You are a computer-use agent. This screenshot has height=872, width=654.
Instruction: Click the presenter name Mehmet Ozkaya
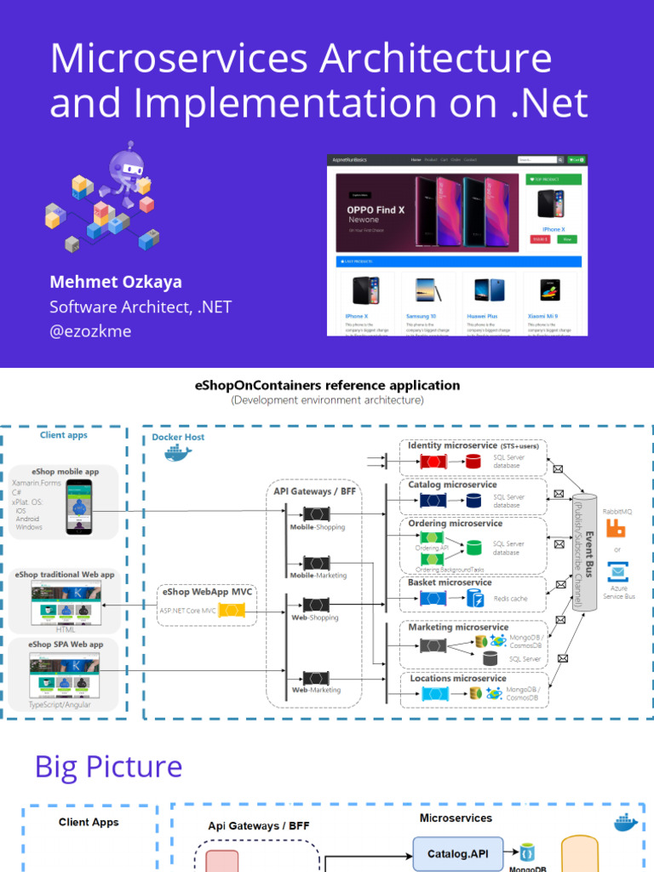click(116, 282)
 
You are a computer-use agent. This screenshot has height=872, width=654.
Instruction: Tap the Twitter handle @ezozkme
click(90, 331)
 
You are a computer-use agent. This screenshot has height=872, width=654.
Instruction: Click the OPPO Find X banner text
click(375, 209)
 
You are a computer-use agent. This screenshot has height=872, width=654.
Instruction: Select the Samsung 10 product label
click(420, 315)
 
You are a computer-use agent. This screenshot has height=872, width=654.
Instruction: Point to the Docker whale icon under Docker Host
click(178, 454)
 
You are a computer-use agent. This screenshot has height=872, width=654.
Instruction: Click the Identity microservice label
click(452, 445)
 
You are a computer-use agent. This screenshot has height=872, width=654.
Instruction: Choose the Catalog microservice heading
click(452, 485)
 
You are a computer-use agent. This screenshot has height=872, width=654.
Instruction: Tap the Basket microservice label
click(450, 582)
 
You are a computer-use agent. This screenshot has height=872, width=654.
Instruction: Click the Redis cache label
click(510, 599)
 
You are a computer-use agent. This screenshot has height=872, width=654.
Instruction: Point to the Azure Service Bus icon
click(617, 572)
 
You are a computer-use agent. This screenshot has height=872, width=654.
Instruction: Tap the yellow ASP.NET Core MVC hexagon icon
click(231, 610)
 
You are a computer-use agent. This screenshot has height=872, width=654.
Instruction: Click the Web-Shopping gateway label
click(315, 617)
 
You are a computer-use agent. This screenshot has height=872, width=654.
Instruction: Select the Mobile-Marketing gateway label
click(318, 575)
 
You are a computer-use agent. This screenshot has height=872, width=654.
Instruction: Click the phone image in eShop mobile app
click(79, 506)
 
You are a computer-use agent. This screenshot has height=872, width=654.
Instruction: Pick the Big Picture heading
click(108, 767)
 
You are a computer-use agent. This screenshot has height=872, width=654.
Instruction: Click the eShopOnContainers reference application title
click(328, 386)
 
